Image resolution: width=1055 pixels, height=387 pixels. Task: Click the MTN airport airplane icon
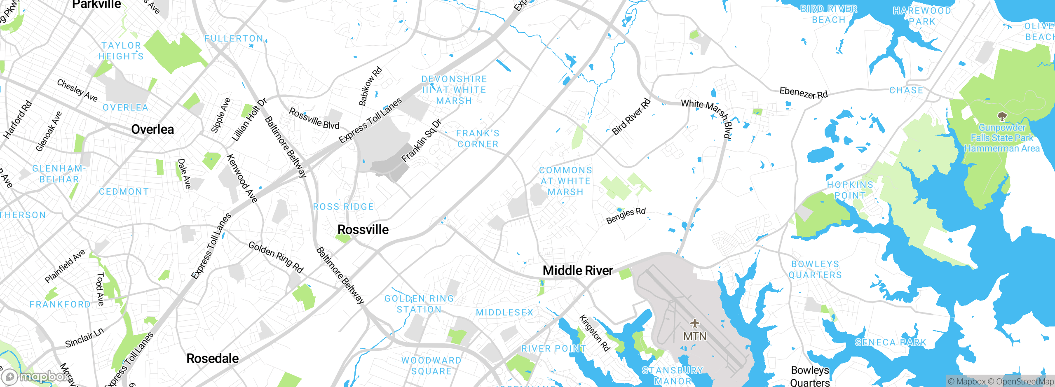click(x=695, y=323)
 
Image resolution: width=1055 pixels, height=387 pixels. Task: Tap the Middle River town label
click(x=578, y=270)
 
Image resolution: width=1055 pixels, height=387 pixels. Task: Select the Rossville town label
click(x=363, y=229)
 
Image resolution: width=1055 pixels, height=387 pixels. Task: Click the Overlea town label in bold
click(x=152, y=129)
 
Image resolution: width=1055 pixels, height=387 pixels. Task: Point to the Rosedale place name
click(x=212, y=358)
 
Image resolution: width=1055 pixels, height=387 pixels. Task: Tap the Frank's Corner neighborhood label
click(x=478, y=139)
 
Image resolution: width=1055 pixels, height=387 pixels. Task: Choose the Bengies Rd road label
click(x=626, y=216)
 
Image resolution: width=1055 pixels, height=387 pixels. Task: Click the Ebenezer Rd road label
click(x=803, y=93)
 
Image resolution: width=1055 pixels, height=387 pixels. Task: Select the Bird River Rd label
click(x=631, y=117)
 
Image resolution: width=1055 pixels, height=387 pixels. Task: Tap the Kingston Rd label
click(x=594, y=333)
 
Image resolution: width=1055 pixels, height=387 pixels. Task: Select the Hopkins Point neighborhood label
click(x=850, y=190)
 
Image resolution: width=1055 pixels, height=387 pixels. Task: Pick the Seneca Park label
click(x=890, y=343)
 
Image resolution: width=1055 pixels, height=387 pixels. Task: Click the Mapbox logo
click(x=35, y=376)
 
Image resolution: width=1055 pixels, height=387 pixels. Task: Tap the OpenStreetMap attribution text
click(x=1025, y=382)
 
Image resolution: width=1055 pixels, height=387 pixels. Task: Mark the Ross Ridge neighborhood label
click(x=343, y=207)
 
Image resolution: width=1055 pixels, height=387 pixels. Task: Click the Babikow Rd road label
click(x=370, y=86)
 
